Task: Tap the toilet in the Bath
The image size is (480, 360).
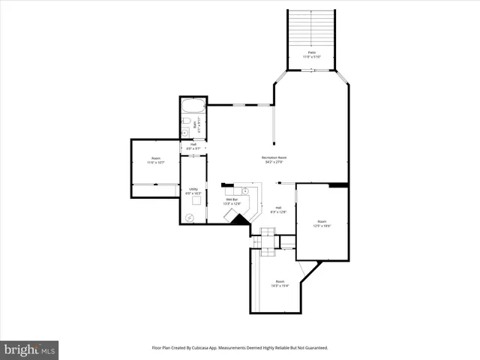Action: [185, 121]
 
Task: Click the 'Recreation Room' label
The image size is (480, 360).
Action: [274, 157]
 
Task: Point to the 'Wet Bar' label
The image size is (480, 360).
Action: [231, 199]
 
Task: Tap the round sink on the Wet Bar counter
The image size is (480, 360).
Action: [246, 191]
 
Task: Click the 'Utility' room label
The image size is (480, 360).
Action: [193, 189]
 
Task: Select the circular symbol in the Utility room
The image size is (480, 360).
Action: [189, 217]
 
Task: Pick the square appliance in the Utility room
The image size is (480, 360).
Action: [197, 200]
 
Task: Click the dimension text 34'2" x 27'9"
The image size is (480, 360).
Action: [274, 162]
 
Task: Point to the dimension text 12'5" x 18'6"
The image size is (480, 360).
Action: [322, 226]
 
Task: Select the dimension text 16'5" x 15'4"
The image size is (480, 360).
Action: [280, 286]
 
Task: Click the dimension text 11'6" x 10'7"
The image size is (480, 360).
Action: [155, 163]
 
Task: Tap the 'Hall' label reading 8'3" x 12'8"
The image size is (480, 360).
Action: [278, 210]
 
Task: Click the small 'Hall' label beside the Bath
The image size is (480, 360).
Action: [193, 144]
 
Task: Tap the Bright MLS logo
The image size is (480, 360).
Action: [29, 349]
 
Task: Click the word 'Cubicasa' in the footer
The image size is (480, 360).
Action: [197, 348]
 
